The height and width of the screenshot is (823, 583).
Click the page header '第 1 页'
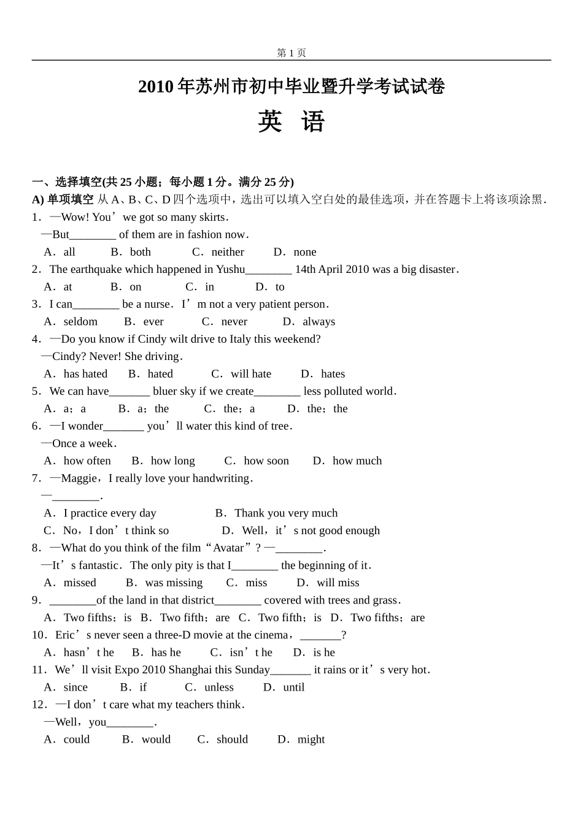point(291,53)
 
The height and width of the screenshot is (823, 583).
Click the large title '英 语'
point(291,121)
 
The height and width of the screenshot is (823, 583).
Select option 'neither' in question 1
point(227,252)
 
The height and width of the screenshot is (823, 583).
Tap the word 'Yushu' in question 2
point(230,269)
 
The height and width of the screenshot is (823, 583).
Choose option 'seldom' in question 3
point(80,321)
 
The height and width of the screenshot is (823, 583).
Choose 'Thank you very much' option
point(286,513)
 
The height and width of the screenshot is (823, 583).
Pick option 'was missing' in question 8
point(174,583)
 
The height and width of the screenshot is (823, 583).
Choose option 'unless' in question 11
point(218,687)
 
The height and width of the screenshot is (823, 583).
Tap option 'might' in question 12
point(311,740)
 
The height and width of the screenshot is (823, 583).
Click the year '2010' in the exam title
point(156,87)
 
